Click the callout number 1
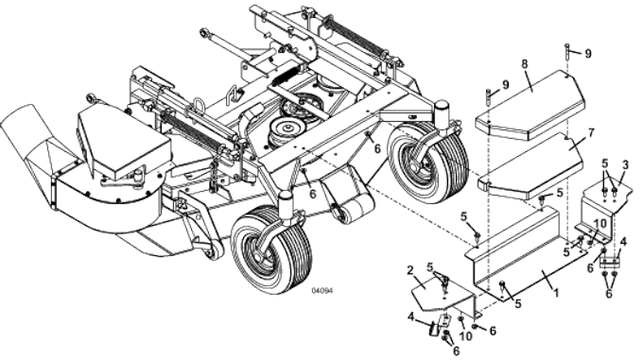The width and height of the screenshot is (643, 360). tap(555, 293)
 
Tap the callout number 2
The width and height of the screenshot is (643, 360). tap(409, 271)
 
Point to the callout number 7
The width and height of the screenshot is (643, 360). tap(565, 132)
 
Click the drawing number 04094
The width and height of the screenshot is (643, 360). tap(322, 290)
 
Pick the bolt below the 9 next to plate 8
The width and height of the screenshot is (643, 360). tap(489, 95)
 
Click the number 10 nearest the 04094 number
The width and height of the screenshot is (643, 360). tap(464, 334)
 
